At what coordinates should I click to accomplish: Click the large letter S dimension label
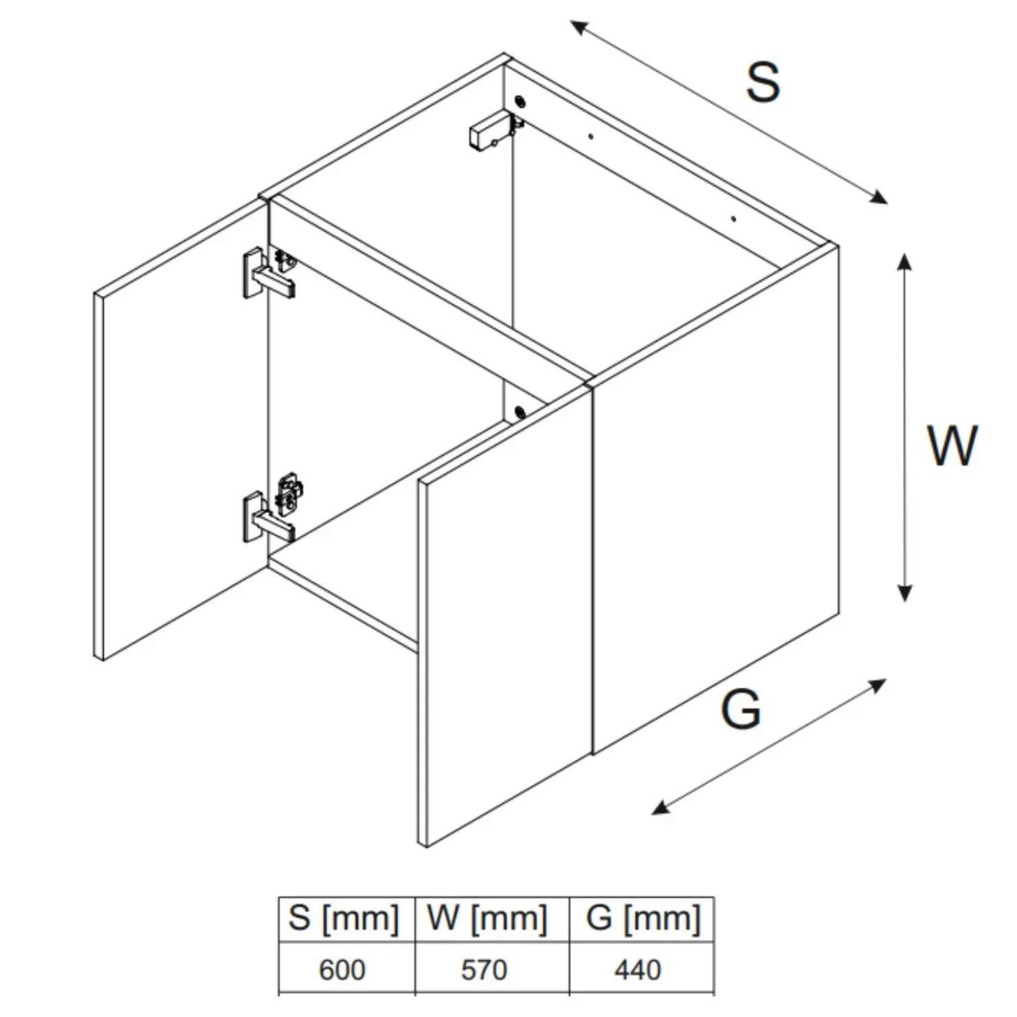pos(763,82)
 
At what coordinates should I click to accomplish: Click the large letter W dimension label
pos(952,446)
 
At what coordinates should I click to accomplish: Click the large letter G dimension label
pos(741,709)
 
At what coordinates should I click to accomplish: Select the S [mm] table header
pos(344,918)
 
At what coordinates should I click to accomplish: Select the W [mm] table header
pos(487,918)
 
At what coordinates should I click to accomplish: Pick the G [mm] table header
pos(643,918)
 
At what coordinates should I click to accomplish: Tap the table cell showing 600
pos(342,970)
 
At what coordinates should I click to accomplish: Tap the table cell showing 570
pos(484,970)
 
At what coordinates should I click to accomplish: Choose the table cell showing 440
pos(638,970)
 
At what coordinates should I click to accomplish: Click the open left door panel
pos(181,429)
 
